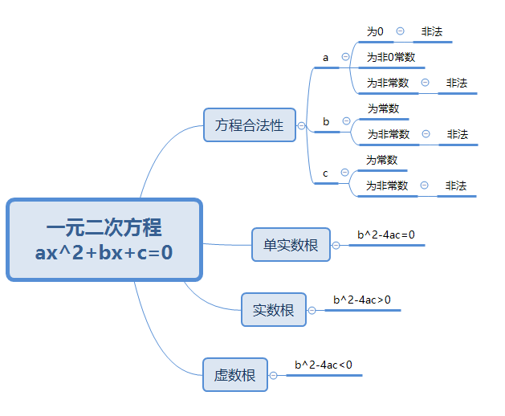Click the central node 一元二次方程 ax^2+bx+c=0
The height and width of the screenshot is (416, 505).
pos(104,240)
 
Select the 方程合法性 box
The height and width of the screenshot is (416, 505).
pos(250,125)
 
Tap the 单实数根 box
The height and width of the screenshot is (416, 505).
pos(291,245)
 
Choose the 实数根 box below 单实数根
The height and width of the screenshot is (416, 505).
pos(274,310)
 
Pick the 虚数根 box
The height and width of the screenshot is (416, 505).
pos(235,375)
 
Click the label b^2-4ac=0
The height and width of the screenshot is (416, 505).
pos(386,235)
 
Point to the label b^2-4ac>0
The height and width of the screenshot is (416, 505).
pos(362,300)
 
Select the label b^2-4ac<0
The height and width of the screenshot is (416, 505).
pos(324,365)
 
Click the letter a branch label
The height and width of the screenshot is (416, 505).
pos(326,58)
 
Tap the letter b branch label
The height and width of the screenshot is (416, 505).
pos(326,121)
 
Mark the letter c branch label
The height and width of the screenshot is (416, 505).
pos(325,173)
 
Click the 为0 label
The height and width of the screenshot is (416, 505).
pos(375,31)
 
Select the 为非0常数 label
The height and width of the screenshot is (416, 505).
pos(391,57)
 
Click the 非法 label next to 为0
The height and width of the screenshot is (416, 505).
pos(432,31)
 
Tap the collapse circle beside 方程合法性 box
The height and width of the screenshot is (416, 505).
pos(301,125)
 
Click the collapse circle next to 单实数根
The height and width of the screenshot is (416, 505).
pos(336,246)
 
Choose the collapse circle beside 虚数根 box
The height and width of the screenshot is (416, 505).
pos(273,375)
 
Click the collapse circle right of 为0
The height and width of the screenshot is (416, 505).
pos(400,31)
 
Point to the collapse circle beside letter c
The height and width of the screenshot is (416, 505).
pos(344,173)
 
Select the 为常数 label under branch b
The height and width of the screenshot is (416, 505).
pos(384,108)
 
